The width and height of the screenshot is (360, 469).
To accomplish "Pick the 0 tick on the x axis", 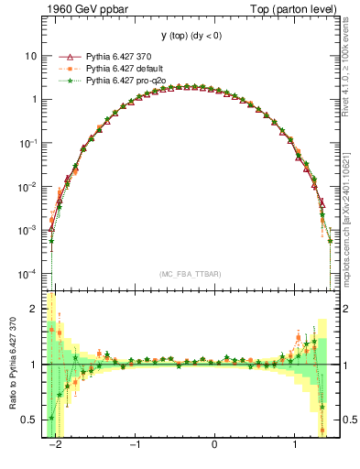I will click(214, 445).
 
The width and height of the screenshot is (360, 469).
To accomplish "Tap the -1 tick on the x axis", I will click(135, 445).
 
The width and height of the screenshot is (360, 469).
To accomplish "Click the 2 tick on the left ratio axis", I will click(35, 310).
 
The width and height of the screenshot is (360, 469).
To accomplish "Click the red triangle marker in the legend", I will click(64, 56).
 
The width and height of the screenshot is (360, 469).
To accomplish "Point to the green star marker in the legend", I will click(64, 82).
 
